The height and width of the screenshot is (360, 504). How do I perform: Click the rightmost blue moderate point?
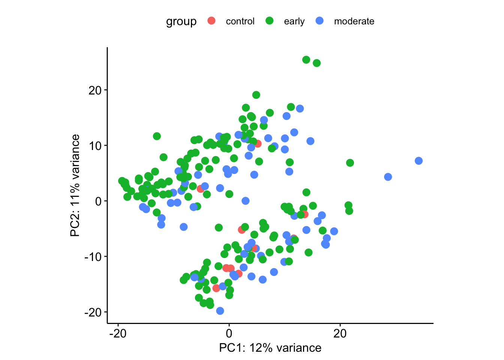tap(418, 161)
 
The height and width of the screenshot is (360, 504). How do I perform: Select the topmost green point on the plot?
tap(306, 60)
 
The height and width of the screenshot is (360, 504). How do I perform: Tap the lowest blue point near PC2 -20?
tap(220, 311)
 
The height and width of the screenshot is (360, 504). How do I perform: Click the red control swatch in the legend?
tap(211, 21)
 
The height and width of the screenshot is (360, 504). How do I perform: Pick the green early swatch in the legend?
tap(269, 21)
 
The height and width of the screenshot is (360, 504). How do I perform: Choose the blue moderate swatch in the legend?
tap(319, 21)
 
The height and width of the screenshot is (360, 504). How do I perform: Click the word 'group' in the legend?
tap(181, 21)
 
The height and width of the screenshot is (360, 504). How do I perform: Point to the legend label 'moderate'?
tap(354, 21)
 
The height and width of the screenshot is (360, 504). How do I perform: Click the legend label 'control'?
tap(240, 21)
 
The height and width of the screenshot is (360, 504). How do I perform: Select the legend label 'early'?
tap(294, 21)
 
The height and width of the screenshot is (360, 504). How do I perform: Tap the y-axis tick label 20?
tap(95, 90)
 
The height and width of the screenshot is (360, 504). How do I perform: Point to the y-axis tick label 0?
tap(98, 201)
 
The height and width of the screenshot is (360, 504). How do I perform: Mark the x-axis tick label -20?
tap(118, 334)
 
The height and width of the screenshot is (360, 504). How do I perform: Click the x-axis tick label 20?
tap(340, 334)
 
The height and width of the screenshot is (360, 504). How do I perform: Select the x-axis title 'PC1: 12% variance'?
tap(270, 348)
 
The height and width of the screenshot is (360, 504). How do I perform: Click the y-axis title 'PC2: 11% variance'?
tap(75, 186)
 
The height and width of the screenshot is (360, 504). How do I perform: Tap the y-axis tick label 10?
tap(95, 145)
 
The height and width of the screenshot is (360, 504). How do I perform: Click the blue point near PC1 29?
tap(388, 177)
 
